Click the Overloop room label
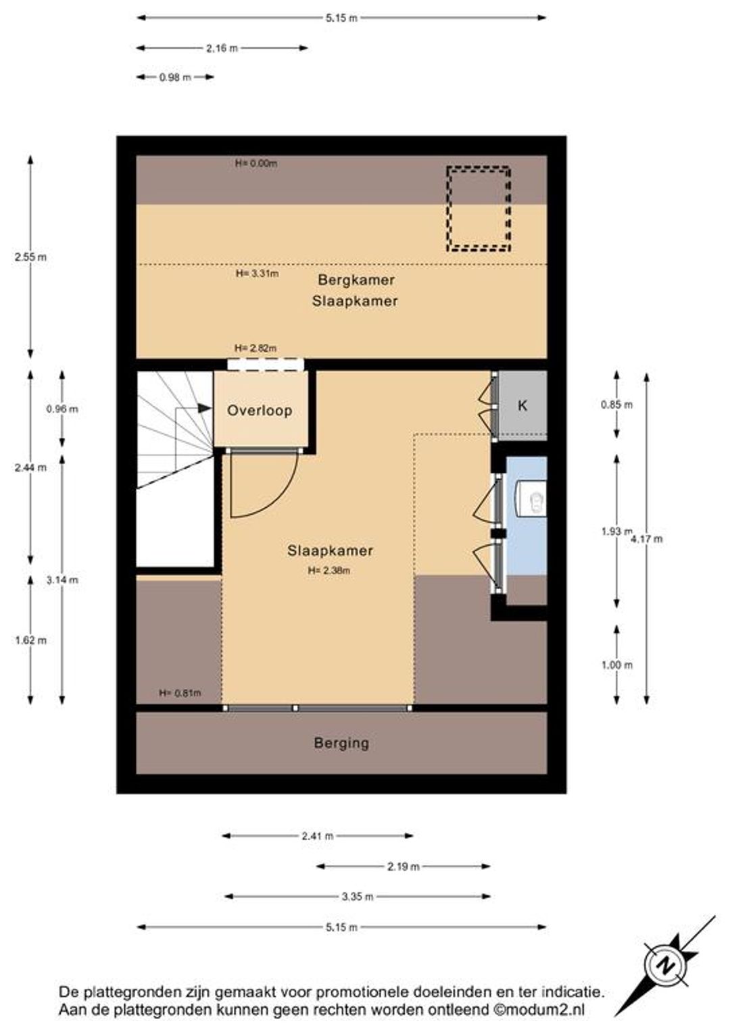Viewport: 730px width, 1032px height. [x=260, y=411]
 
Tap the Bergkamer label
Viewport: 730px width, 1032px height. [x=356, y=280]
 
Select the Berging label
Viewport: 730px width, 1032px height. [x=342, y=743]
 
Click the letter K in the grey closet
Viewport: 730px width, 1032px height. [x=522, y=405]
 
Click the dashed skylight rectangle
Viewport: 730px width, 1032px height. [x=478, y=209]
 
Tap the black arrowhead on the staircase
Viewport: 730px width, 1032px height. [x=204, y=408]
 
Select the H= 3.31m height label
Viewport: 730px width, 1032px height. [x=257, y=274]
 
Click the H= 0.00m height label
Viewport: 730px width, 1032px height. [x=256, y=163]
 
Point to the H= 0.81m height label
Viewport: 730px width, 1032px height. [x=180, y=692]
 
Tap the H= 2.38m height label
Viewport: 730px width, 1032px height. [x=329, y=570]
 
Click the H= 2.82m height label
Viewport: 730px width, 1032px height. [x=255, y=348]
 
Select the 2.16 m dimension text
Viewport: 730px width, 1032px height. [x=222, y=48]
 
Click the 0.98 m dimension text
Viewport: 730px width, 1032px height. [x=175, y=78]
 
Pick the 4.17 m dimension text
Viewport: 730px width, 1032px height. [x=647, y=538]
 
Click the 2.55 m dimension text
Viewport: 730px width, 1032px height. [x=30, y=257]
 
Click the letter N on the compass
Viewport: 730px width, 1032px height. [x=665, y=965]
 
